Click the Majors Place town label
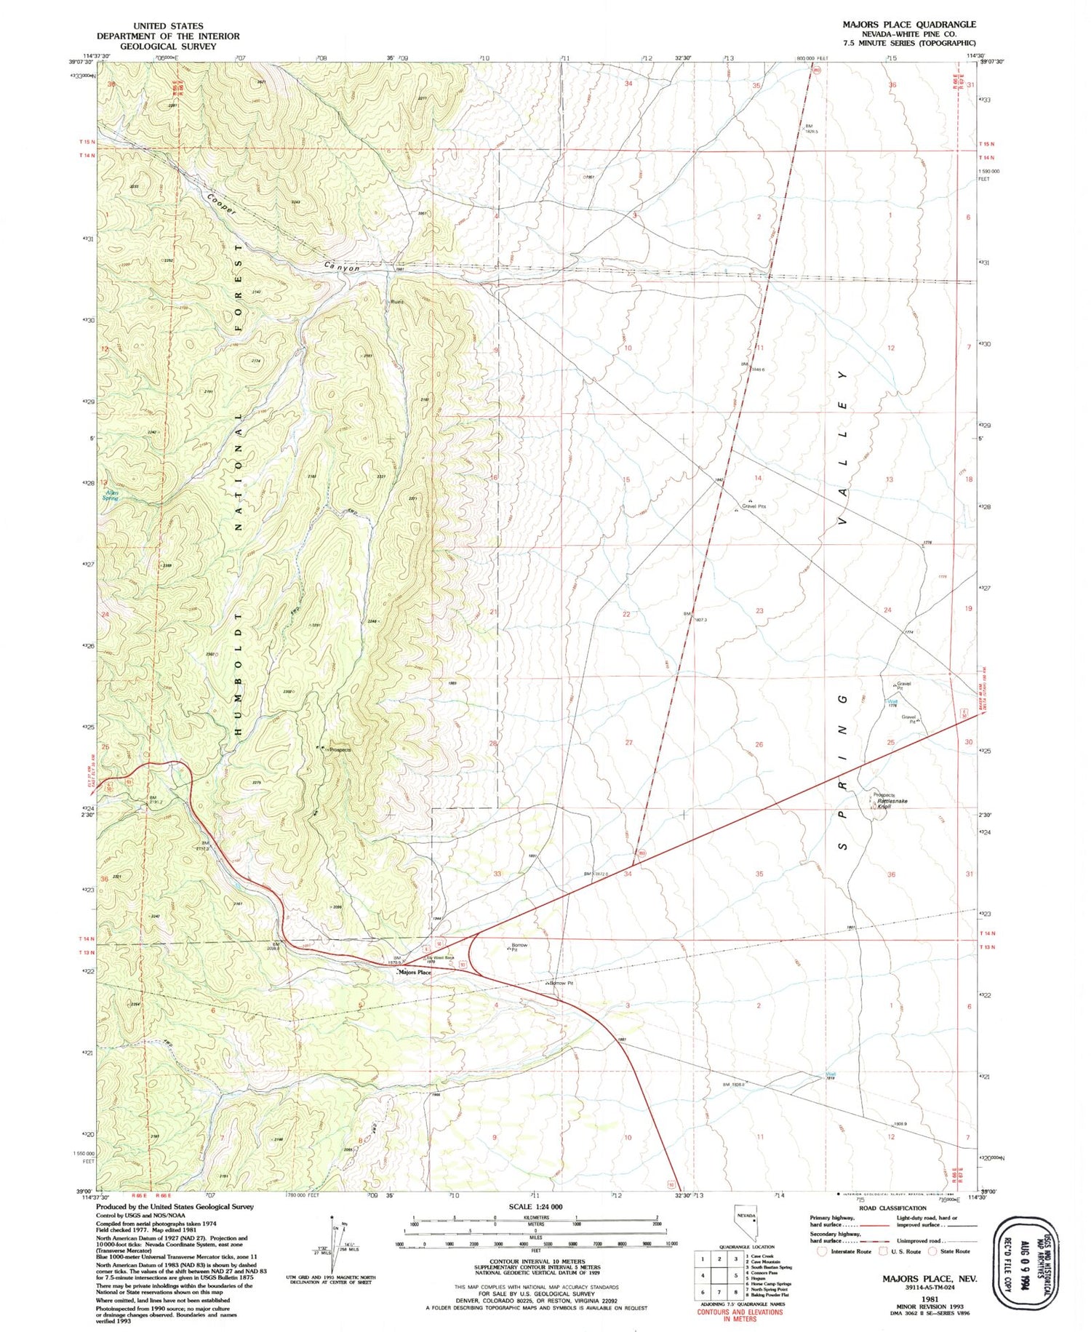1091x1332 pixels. click(415, 973)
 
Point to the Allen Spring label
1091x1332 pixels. click(111, 495)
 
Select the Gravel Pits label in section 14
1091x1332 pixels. click(754, 506)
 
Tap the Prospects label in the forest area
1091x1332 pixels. click(339, 749)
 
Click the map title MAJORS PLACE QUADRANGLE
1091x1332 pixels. click(909, 25)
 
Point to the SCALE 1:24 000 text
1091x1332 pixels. click(535, 1207)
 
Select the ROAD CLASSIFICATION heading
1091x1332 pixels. click(892, 1208)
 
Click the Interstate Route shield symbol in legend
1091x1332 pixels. click(823, 1251)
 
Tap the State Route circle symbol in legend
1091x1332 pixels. click(932, 1251)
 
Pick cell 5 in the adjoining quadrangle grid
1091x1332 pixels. click(736, 1275)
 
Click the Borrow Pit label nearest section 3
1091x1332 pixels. click(561, 983)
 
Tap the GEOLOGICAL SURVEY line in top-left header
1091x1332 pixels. click(168, 46)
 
